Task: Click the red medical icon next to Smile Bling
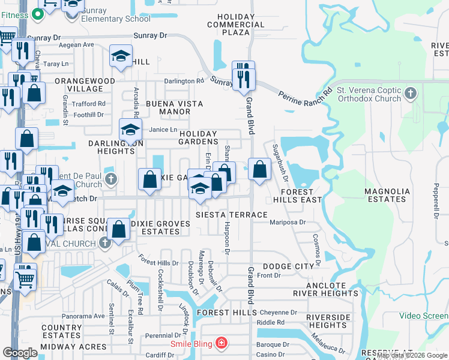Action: pos(221,343)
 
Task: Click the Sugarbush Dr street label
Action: pos(280,163)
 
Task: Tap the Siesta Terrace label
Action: pos(232,215)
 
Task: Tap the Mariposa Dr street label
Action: pos(288,222)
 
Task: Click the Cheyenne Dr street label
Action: pos(278,313)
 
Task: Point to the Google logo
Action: pos(20,353)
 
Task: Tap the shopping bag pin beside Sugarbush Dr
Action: pos(260,169)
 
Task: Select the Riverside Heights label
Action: pos(328,321)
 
